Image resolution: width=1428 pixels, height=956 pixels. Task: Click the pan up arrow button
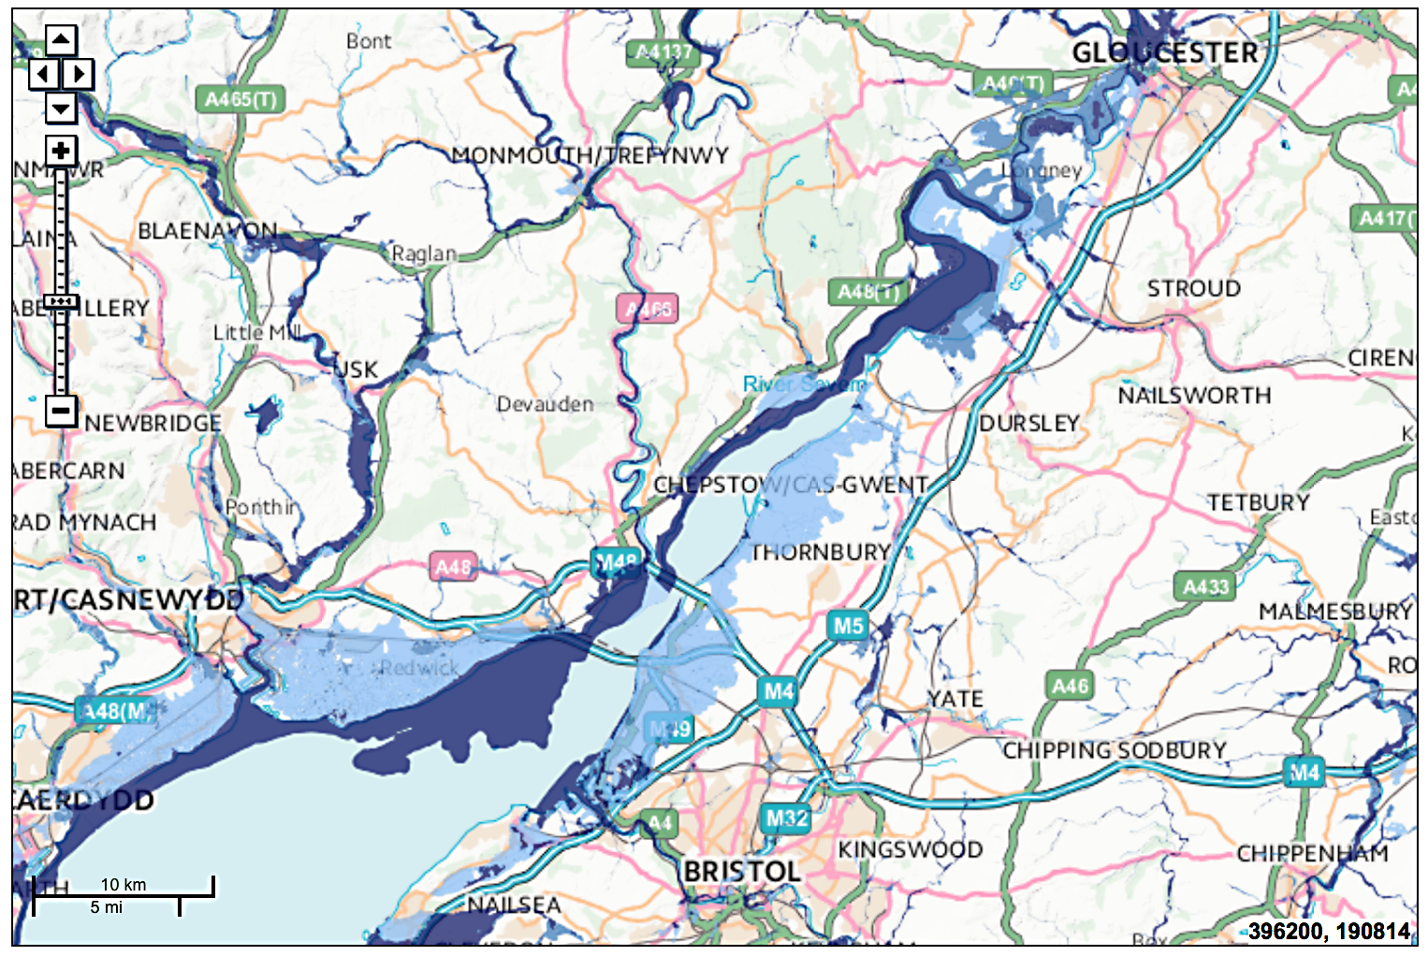(61, 39)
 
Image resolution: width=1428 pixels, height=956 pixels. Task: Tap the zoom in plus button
(61, 151)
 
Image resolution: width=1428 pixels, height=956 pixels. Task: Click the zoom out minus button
(61, 410)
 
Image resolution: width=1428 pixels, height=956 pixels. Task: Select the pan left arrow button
(43, 74)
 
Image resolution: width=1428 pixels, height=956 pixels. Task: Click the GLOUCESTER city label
(1165, 53)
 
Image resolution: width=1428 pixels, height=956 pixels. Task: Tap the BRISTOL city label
(741, 872)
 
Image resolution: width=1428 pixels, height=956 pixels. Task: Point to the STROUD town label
(1194, 289)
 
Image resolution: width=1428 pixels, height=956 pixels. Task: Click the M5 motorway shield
(848, 626)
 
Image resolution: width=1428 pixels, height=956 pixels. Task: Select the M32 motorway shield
(786, 818)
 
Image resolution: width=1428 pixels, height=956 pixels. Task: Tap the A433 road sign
(1205, 587)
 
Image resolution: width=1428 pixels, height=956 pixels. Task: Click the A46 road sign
(1070, 686)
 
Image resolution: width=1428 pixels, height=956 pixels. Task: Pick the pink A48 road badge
(453, 567)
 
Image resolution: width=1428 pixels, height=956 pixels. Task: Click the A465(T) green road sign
(240, 99)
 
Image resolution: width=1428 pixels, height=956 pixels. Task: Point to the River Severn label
(804, 384)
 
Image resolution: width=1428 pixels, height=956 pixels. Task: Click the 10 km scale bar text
(124, 885)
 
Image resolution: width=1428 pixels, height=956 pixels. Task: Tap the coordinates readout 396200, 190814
(1328, 931)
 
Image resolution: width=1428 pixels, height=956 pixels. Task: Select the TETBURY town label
(1258, 503)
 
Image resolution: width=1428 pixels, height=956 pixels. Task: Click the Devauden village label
(545, 404)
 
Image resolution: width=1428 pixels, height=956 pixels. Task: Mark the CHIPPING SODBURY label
(1114, 751)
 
